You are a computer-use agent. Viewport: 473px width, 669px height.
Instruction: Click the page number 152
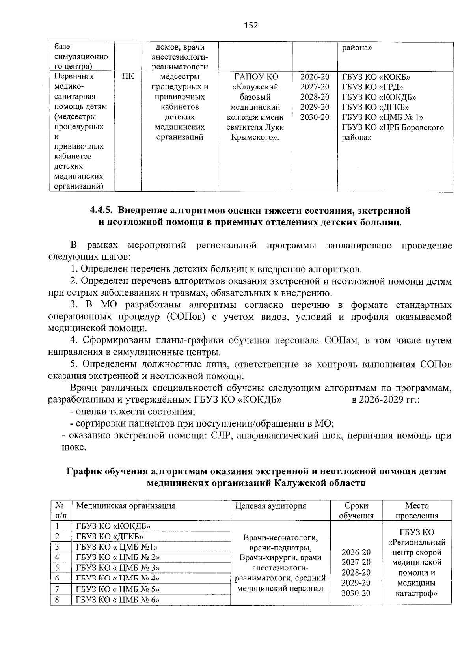click(251, 26)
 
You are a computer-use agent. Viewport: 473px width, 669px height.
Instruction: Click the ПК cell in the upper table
click(127, 76)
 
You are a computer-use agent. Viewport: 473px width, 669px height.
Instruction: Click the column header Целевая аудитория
click(270, 506)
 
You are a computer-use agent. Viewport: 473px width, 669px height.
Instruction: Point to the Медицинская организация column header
click(125, 506)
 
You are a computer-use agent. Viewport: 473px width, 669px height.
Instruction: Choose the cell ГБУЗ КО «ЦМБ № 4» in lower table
click(118, 578)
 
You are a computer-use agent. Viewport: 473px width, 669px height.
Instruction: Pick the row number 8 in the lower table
click(58, 600)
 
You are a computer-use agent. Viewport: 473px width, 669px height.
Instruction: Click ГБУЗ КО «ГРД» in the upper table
click(372, 87)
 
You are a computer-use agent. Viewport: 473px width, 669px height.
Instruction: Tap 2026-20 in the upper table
click(314, 76)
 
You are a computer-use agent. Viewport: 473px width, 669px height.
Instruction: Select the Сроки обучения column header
click(356, 511)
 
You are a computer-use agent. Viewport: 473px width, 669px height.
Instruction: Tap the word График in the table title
click(84, 471)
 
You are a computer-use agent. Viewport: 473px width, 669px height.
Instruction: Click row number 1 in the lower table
click(58, 526)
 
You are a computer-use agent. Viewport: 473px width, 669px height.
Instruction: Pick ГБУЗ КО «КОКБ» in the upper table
click(374, 76)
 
